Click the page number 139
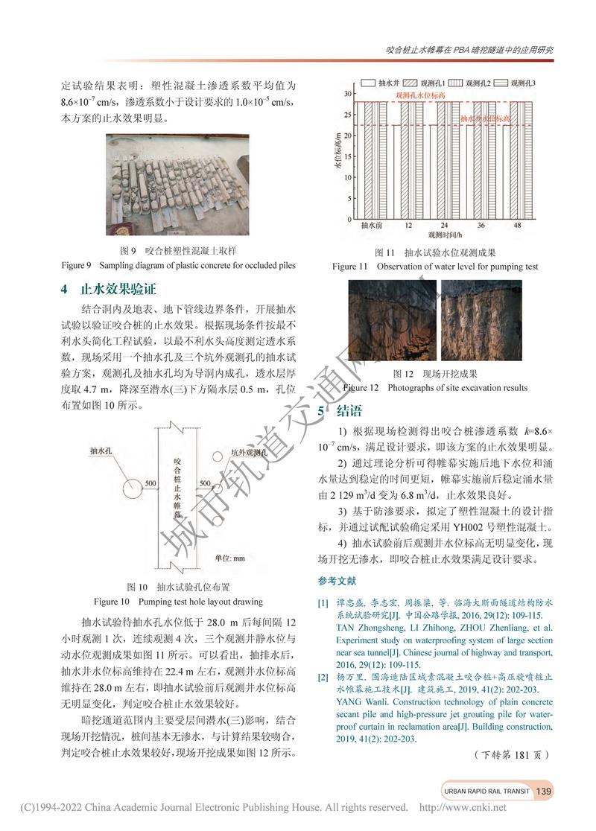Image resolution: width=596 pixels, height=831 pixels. click(544, 790)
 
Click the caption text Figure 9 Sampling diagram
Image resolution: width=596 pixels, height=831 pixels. click(179, 265)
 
